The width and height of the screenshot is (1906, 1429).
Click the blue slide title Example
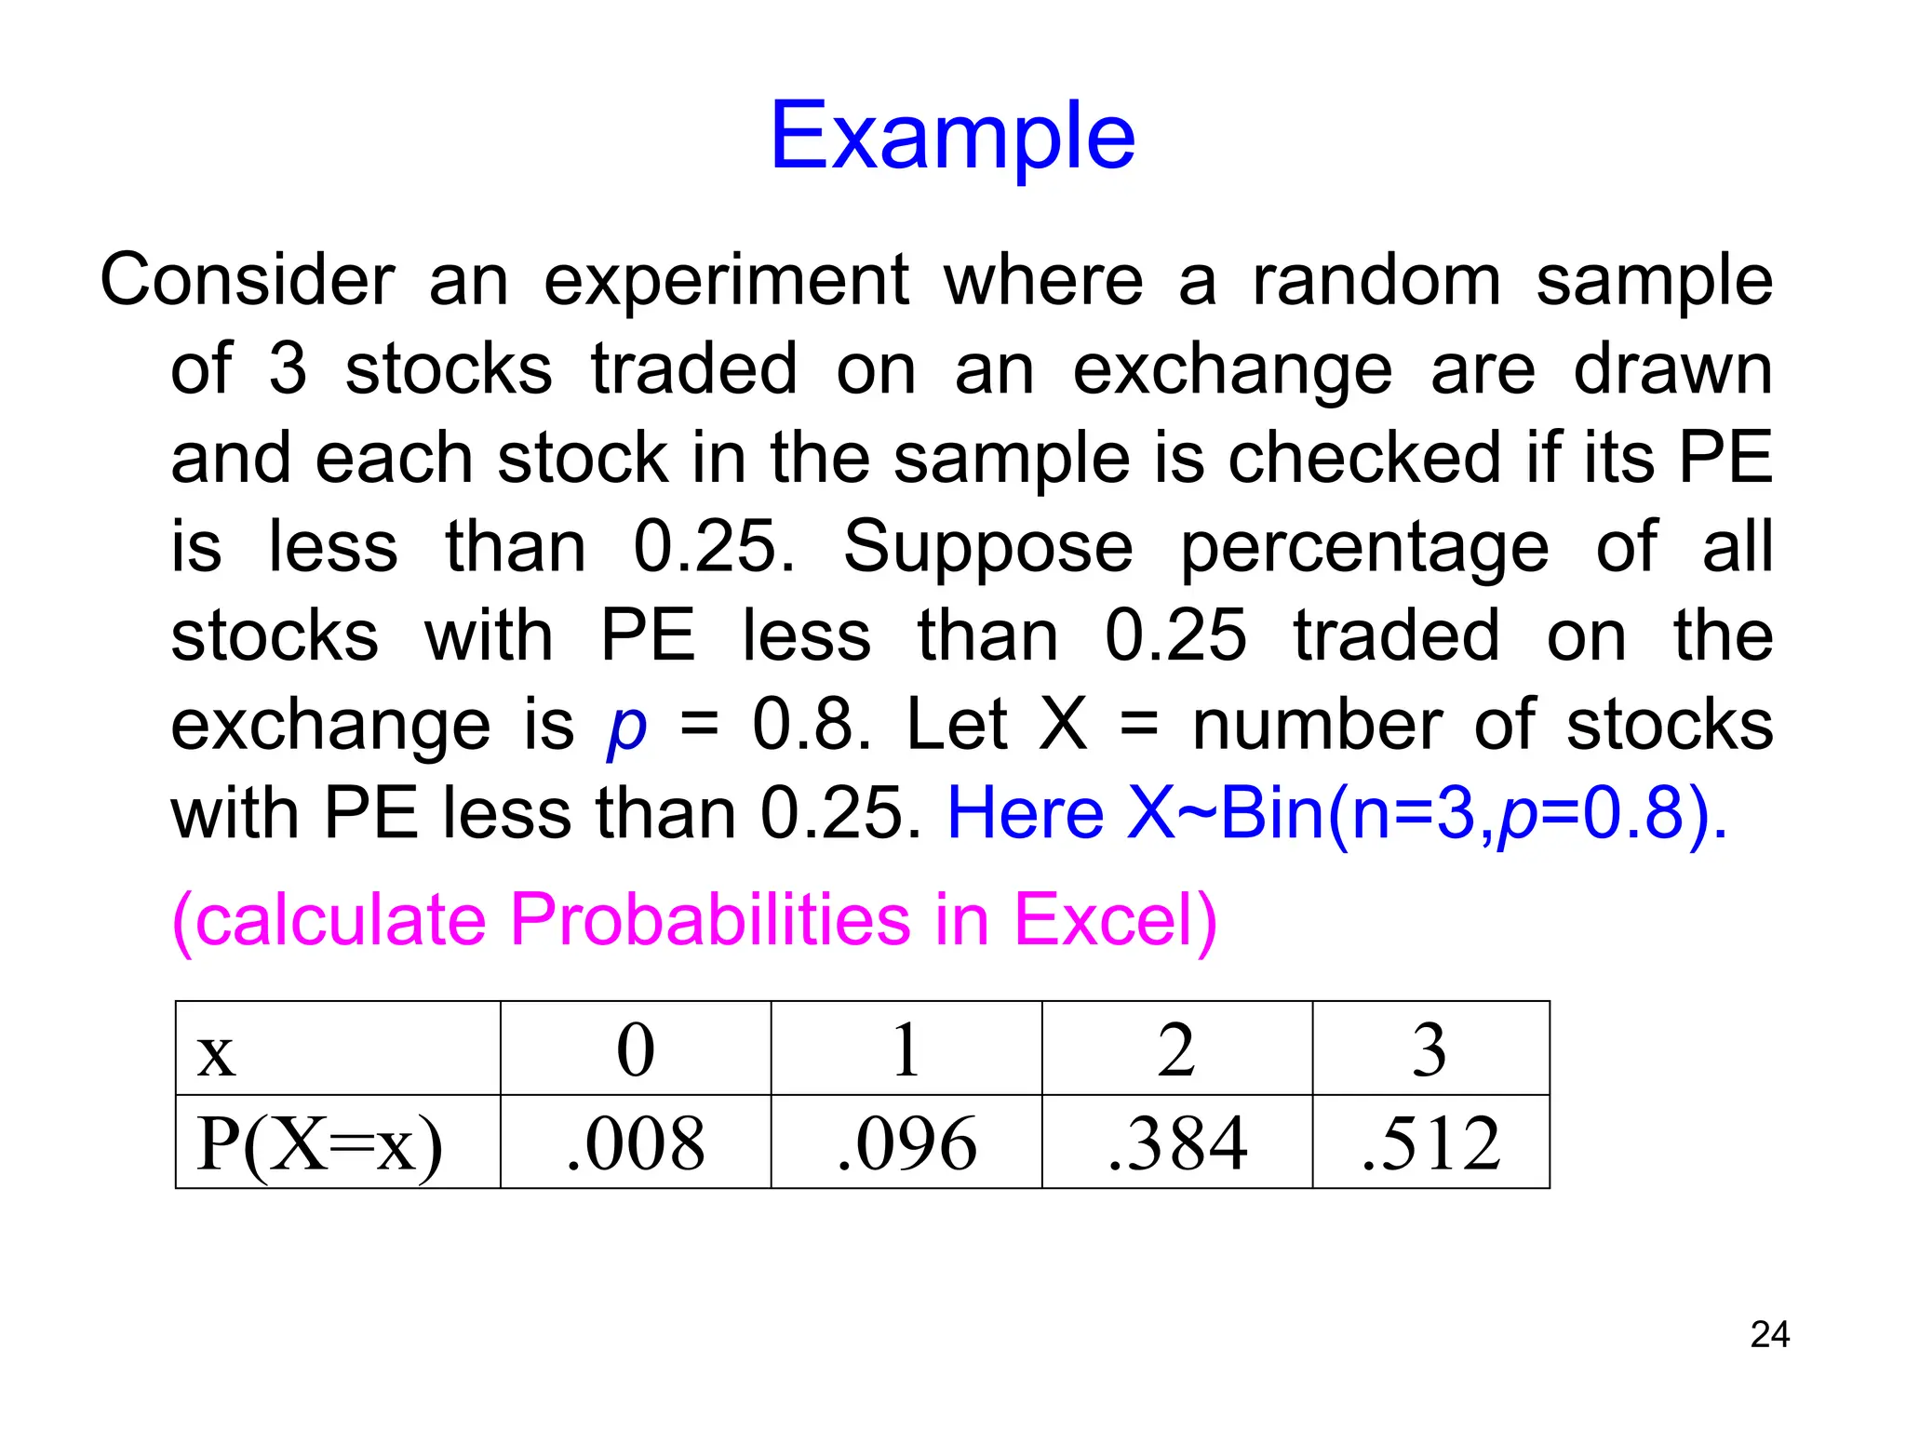(952, 137)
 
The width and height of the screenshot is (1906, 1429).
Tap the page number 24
(1769, 1335)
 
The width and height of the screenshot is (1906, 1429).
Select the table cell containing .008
(636, 1142)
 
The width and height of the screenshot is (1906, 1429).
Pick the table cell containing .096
(906, 1142)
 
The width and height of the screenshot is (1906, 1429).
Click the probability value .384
(1177, 1142)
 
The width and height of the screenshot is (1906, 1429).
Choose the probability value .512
(1430, 1142)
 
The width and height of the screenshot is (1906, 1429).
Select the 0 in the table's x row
(636, 1050)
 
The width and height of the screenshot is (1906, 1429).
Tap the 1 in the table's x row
(906, 1050)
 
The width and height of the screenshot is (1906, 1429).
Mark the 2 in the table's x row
(1176, 1050)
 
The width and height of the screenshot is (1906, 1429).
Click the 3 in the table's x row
(1429, 1050)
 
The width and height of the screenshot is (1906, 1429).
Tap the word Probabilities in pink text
(711, 919)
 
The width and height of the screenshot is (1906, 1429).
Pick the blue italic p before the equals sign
(626, 728)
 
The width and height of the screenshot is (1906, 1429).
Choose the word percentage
(1364, 549)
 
